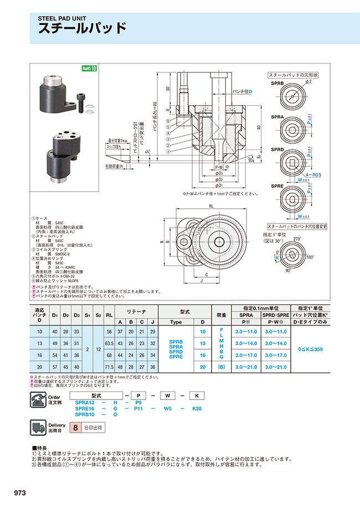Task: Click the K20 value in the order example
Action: [x=197, y=408]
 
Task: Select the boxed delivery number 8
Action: [x=75, y=428]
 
